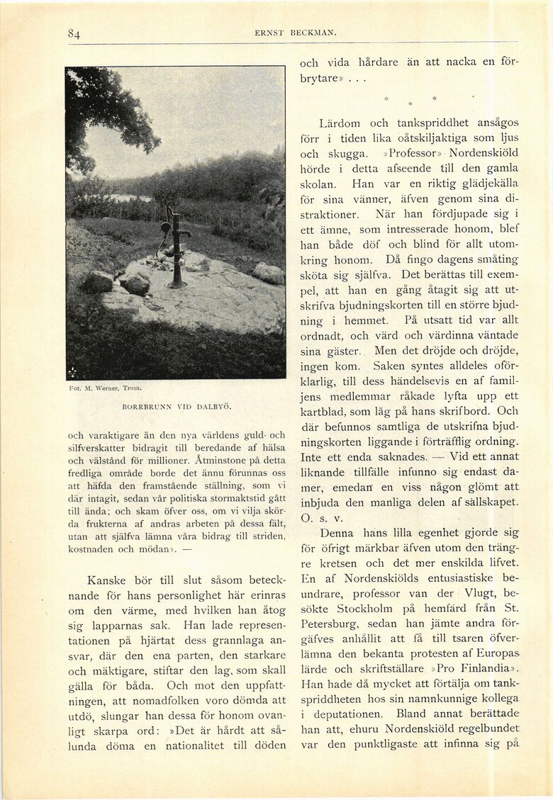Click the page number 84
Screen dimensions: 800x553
(74, 33)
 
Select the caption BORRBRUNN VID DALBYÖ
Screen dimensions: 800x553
(177, 407)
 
